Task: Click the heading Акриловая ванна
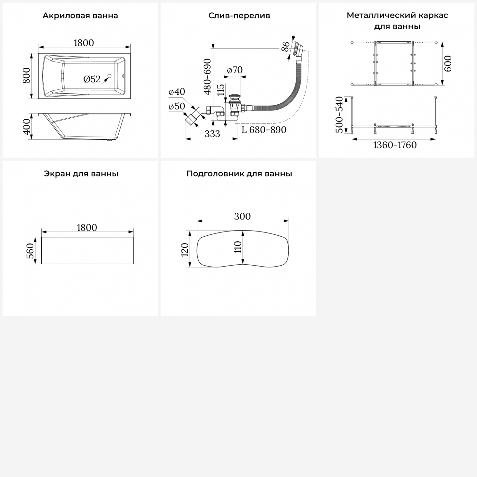[x=80, y=16]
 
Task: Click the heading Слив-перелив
[x=239, y=16]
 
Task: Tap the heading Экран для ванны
[x=81, y=174]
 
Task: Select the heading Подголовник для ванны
[x=239, y=174]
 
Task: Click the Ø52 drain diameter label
[x=92, y=79]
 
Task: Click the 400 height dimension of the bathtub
[x=27, y=126]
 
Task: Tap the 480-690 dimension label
[x=207, y=77]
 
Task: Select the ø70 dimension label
[x=235, y=70]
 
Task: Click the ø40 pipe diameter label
[x=177, y=92]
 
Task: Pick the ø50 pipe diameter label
[x=177, y=106]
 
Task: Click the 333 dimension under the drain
[x=212, y=134]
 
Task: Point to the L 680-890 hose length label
[x=264, y=130]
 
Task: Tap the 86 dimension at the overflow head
[x=286, y=46]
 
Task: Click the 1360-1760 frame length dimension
[x=395, y=145]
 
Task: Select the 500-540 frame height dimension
[x=340, y=114]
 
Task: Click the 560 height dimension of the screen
[x=30, y=251]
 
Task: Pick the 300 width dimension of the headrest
[x=242, y=216]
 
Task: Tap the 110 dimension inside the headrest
[x=238, y=247]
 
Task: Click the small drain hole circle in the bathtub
[x=110, y=76]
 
